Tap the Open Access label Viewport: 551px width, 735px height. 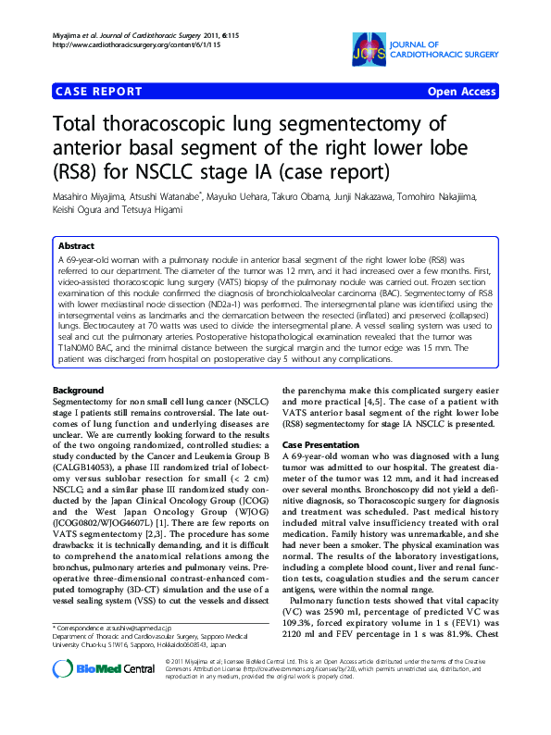pyautogui.click(x=462, y=92)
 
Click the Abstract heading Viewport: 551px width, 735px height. pyautogui.click(x=76, y=246)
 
